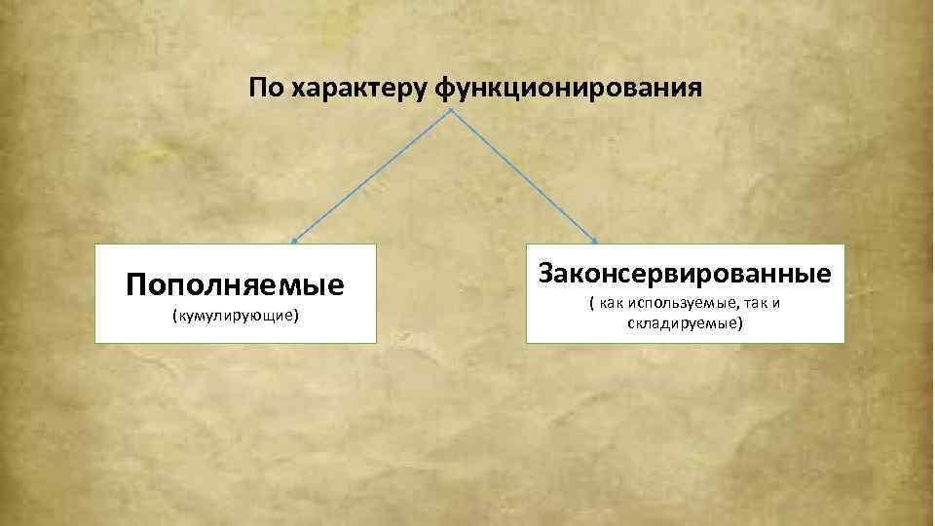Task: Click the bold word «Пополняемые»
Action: pos(235,284)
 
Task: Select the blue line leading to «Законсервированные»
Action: pos(525,173)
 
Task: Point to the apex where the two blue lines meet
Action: pos(450,109)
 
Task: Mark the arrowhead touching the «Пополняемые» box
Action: pos(294,239)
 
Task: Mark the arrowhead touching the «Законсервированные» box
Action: pos(595,240)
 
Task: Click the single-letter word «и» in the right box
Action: pos(776,304)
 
